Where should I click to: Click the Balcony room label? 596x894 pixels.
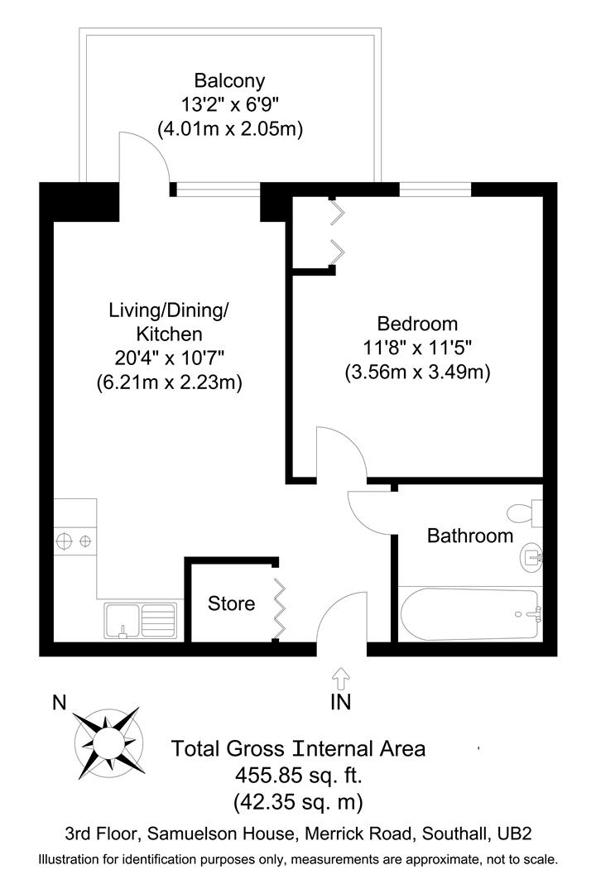tap(229, 80)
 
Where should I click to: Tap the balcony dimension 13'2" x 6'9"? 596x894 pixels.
tap(229, 104)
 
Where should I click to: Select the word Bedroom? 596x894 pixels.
tap(417, 324)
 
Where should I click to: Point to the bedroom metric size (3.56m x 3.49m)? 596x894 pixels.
tap(417, 372)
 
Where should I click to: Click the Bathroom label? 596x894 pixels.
tap(469, 536)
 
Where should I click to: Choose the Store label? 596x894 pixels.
tap(231, 603)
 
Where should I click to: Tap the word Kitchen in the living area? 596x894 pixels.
tap(169, 334)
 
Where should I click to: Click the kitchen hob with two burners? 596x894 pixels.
tap(74, 542)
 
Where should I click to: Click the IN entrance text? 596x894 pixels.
tap(340, 703)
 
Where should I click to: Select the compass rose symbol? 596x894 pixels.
tap(107, 738)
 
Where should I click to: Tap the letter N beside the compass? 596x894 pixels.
tap(59, 703)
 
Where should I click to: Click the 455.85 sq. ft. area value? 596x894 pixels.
tap(298, 776)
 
